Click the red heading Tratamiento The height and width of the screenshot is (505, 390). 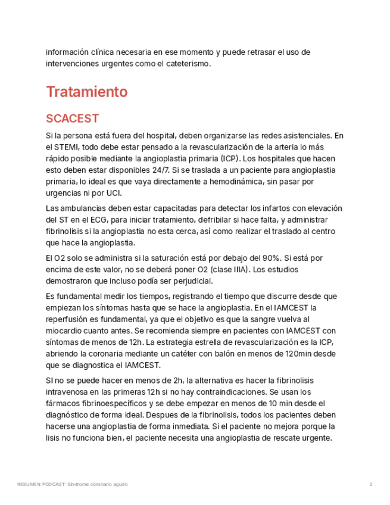86,92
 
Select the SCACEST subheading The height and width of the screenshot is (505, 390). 72,118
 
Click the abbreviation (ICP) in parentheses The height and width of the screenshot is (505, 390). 229,158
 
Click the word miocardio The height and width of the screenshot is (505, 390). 63,331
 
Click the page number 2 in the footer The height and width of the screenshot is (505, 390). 370,484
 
